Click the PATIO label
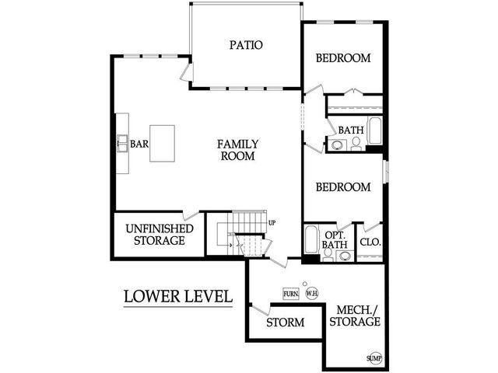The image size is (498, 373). (x=245, y=45)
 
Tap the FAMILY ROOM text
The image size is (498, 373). (x=237, y=150)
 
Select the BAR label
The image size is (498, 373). (x=139, y=144)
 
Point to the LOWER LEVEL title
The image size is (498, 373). (x=178, y=296)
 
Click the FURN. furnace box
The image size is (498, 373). (x=291, y=294)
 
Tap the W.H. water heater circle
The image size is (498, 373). (x=311, y=294)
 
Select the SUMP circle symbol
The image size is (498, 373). (x=374, y=358)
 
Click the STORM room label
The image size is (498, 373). (x=285, y=322)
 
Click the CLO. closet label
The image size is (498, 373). (x=370, y=242)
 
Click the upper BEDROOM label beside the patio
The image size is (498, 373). (x=342, y=58)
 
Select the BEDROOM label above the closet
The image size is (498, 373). (x=342, y=187)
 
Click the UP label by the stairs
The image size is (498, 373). (x=272, y=223)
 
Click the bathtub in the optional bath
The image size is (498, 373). (x=310, y=241)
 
